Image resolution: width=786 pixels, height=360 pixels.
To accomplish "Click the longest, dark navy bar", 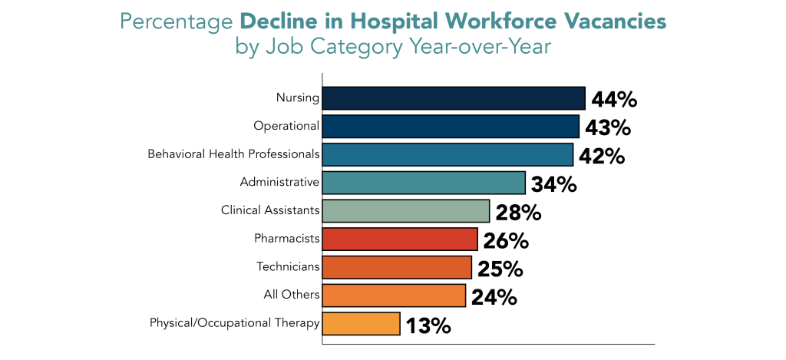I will pyautogui.click(x=453, y=98).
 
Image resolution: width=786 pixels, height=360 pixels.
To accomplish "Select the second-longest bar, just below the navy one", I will pyautogui.click(x=450, y=127).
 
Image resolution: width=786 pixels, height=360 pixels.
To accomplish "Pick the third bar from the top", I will pyautogui.click(x=447, y=154).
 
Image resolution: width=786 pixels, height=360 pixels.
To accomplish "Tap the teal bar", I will pyautogui.click(x=423, y=183).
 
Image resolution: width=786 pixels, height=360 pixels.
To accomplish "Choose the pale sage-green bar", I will pyautogui.click(x=405, y=211).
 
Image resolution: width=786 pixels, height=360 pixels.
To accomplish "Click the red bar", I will pyautogui.click(x=399, y=239).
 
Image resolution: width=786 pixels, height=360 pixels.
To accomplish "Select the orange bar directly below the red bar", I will pyautogui.click(x=396, y=267).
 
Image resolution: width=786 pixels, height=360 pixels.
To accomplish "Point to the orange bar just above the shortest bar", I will pyautogui.click(x=394, y=296).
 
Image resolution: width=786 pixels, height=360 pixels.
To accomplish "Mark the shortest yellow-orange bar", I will pyautogui.click(x=361, y=324).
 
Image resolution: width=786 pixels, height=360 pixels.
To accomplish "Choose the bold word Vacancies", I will pyautogui.click(x=621, y=22).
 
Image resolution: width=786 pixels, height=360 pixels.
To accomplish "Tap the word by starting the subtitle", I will pyautogui.click(x=247, y=47).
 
